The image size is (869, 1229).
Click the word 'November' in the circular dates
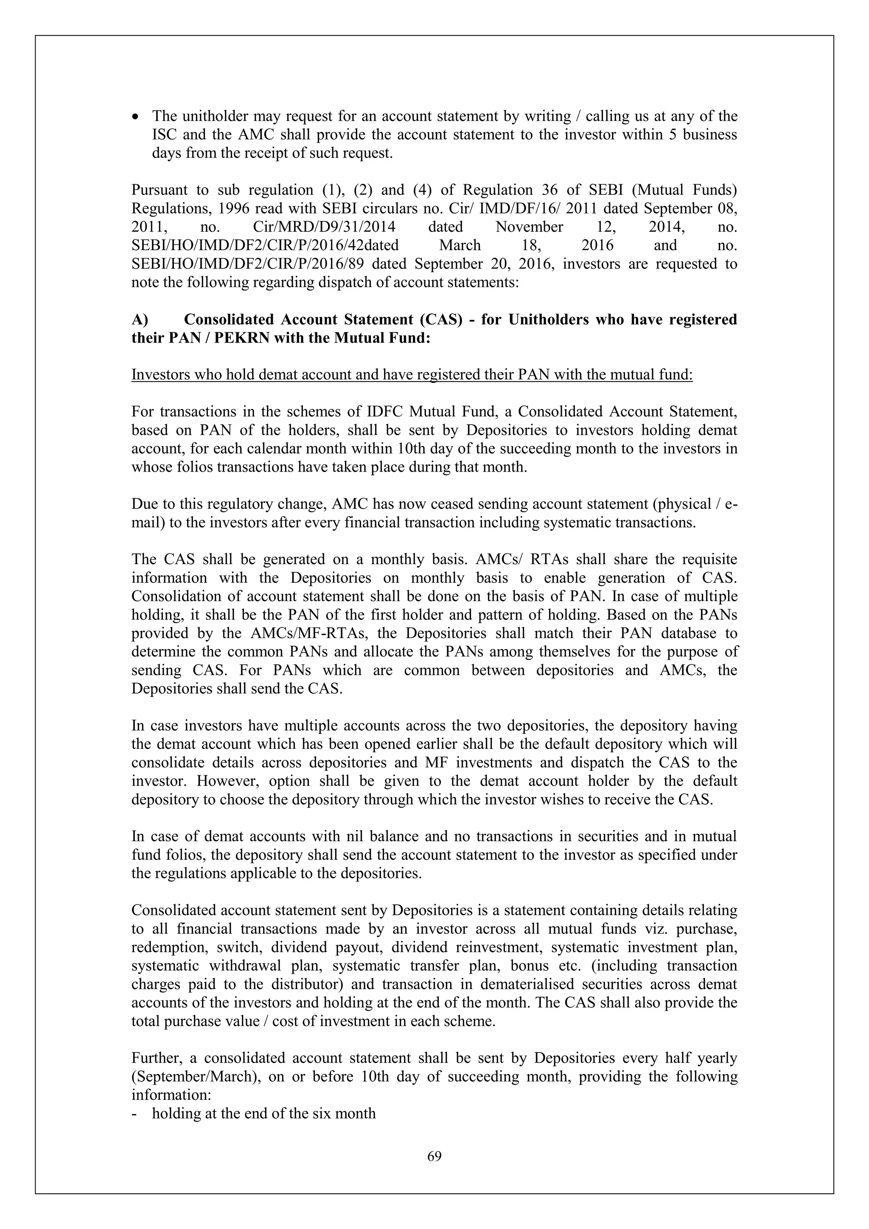[x=529, y=227]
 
